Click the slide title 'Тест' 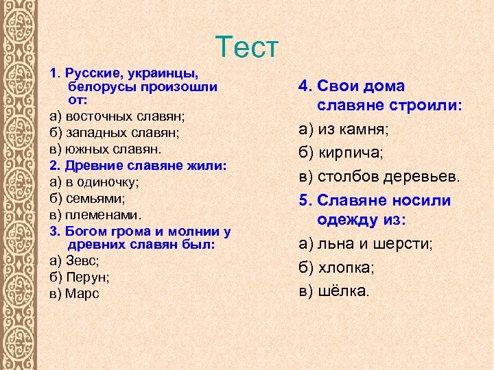pos(247,47)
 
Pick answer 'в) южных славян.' pos(106,149)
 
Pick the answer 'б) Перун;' pos(80,277)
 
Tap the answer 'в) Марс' pos(74,293)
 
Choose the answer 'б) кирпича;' pos(341,152)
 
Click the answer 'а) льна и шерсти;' pos(365,244)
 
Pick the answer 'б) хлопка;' pos(336,267)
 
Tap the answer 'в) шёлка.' pos(334,290)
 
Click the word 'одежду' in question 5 pos(351,221)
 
